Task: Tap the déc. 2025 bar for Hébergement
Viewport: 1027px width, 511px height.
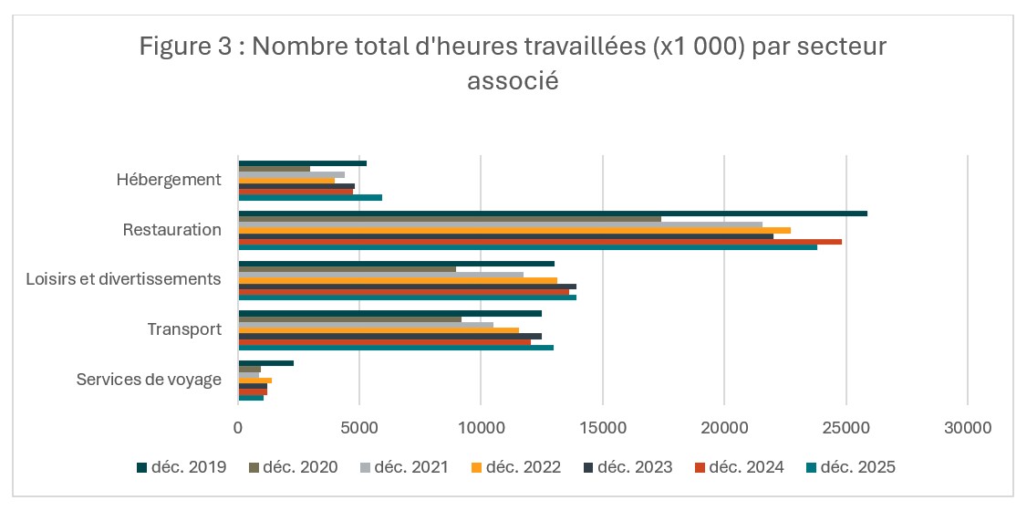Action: click(310, 197)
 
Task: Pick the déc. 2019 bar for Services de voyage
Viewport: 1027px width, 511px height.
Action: click(265, 363)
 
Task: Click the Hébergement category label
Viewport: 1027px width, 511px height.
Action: click(169, 180)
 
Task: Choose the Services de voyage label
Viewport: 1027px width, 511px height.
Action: click(149, 379)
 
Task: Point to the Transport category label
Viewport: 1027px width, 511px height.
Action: click(184, 329)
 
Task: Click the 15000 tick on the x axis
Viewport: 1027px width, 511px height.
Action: click(602, 427)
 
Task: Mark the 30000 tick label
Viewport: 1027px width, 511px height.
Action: click(967, 427)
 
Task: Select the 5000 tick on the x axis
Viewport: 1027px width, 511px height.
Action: click(359, 427)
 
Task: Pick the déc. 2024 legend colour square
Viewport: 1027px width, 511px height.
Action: click(700, 467)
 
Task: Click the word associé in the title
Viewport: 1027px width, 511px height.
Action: click(513, 80)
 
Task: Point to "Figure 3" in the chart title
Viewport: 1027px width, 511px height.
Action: click(186, 47)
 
